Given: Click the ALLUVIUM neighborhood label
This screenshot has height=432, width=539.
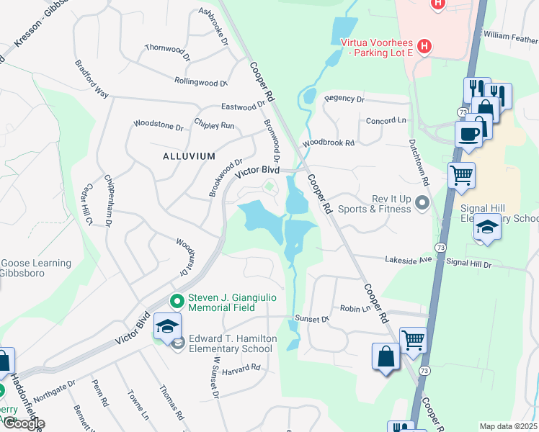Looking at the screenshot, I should coord(188,156).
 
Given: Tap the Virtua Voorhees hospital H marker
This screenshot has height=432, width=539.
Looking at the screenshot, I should coord(424,48).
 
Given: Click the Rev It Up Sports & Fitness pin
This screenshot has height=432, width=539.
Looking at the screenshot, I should coord(422,204).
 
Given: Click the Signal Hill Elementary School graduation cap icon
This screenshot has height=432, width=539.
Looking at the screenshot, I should coord(487,228).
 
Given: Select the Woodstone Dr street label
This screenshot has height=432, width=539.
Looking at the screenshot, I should coord(159,126).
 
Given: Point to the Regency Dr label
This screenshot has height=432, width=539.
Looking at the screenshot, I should coord(344,99).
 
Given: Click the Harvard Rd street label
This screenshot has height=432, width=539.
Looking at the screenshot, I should coord(241,369).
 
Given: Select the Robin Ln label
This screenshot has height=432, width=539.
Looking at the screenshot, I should coord(355,308).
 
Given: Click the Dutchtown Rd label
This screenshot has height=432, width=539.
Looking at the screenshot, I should coord(419,163).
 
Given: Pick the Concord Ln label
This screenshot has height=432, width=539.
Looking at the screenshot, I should coord(386,121).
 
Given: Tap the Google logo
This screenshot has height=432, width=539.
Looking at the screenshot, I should coord(23,423).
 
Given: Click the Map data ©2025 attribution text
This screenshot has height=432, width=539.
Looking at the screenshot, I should coord(508,426).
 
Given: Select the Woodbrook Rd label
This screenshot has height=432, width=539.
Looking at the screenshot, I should coord(329,143).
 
